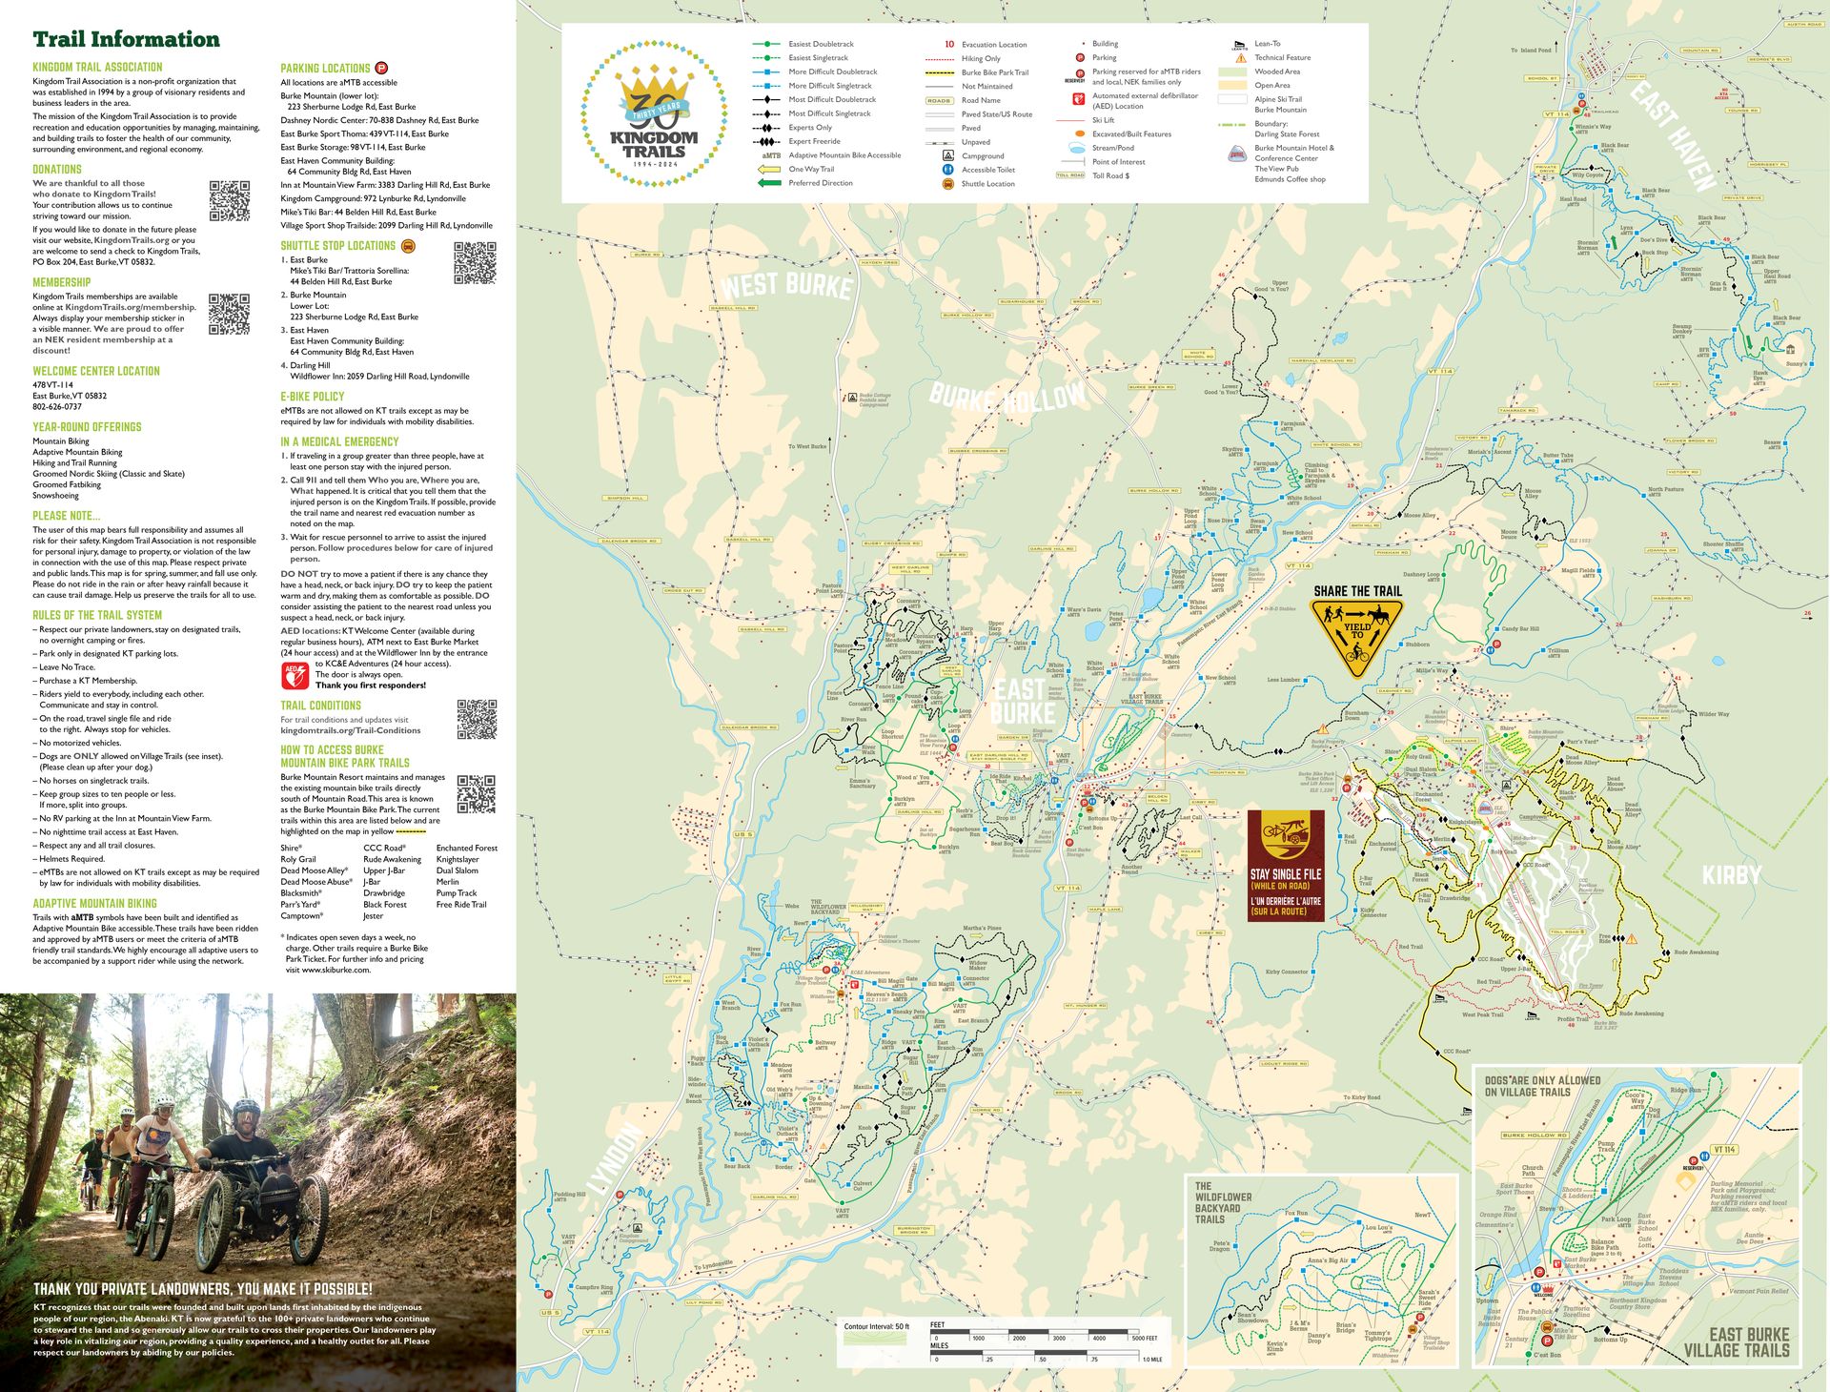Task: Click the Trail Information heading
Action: tap(126, 40)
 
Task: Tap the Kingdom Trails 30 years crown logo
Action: tap(654, 113)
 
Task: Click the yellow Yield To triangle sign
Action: tap(1356, 635)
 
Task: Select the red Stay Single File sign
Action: tap(1286, 866)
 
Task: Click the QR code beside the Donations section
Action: tap(229, 200)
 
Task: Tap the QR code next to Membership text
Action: tap(229, 314)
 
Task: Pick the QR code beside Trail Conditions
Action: tap(477, 719)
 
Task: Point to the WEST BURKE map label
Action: tap(786, 284)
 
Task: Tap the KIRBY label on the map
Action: tap(1731, 874)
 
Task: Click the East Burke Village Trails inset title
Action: tap(1736, 1341)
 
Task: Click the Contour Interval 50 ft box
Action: tap(876, 1332)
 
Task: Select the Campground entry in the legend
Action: tap(982, 155)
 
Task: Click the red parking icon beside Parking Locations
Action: tap(381, 68)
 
